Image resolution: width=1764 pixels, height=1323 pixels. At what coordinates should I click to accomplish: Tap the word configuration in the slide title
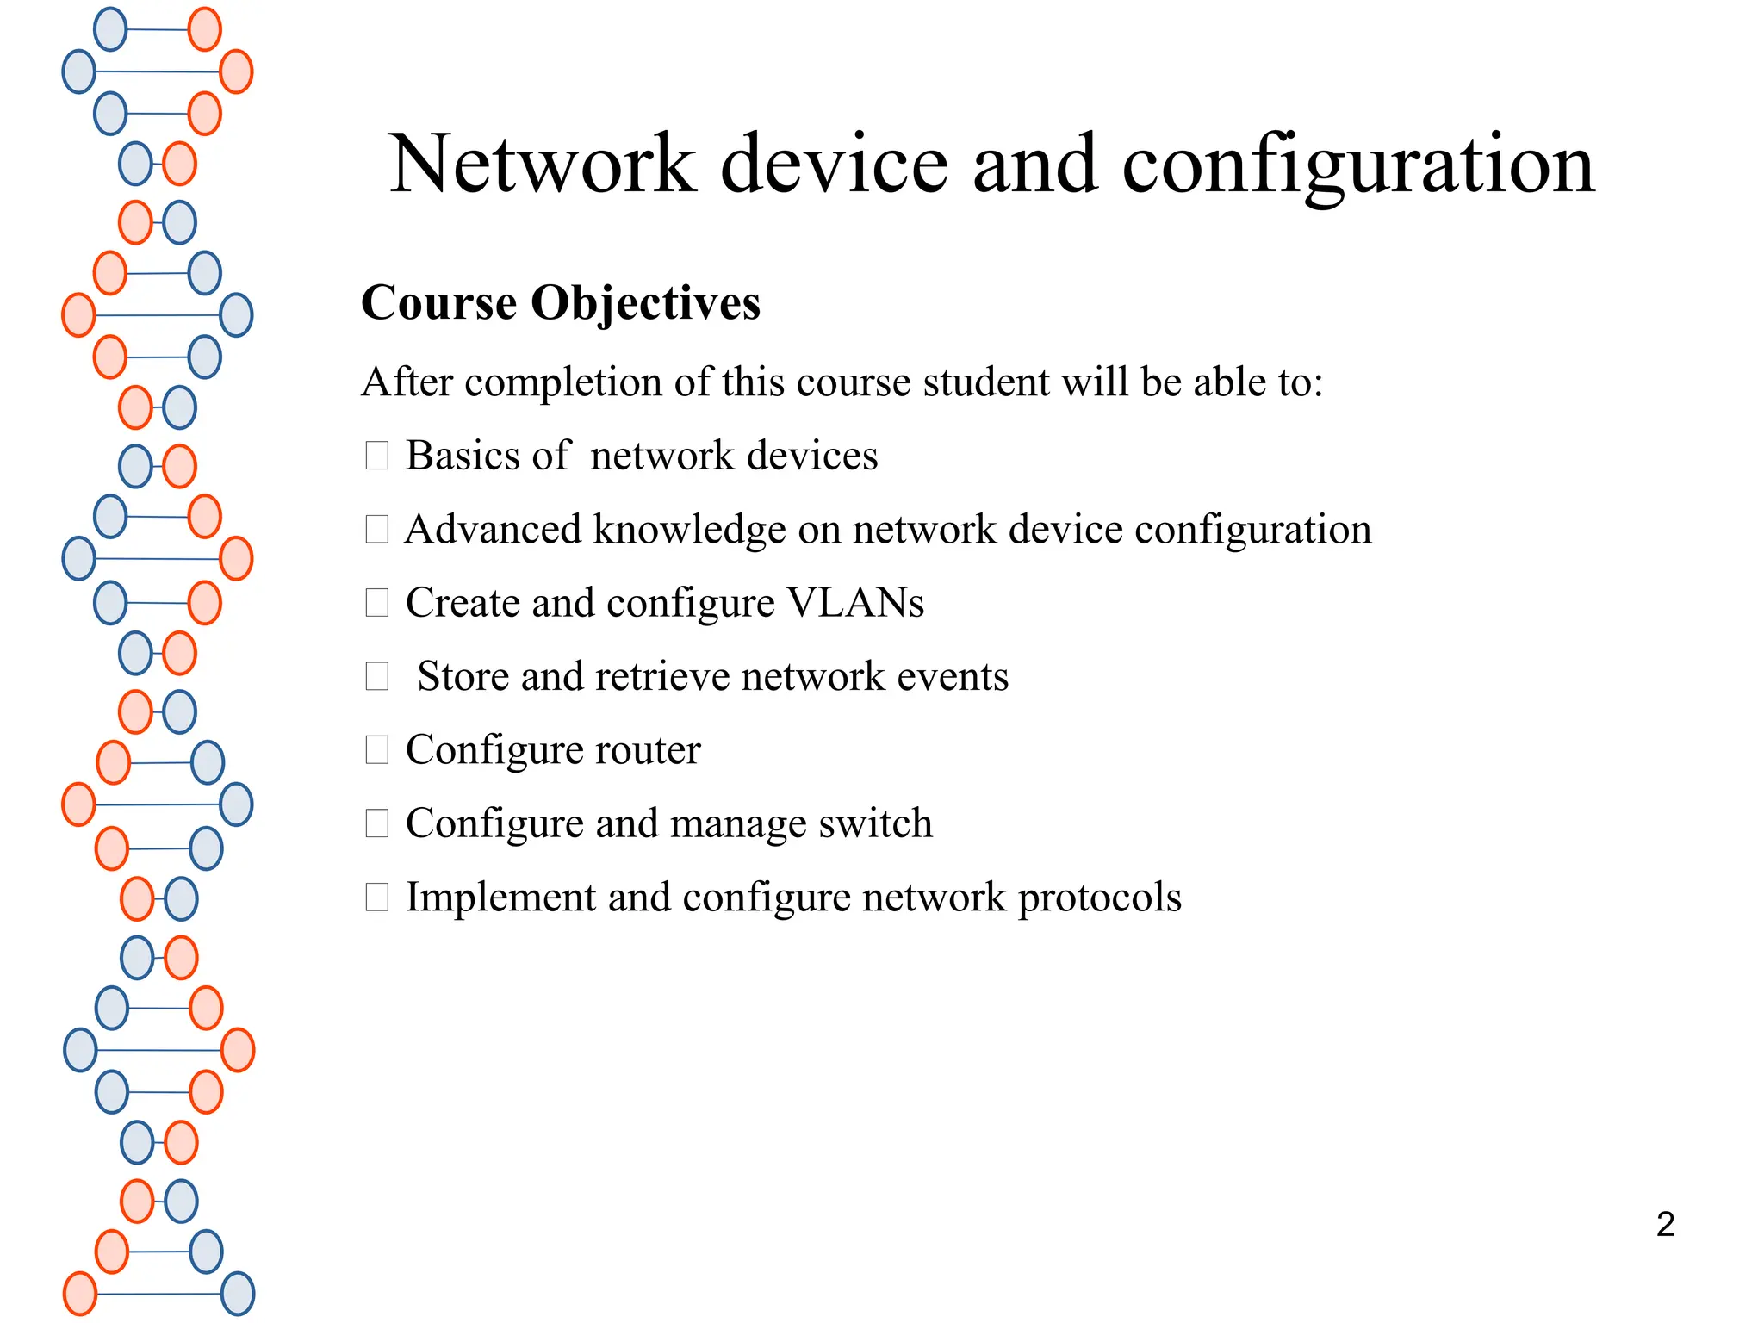(x=1358, y=165)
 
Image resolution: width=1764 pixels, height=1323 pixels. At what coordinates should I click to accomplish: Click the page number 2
(x=1665, y=1224)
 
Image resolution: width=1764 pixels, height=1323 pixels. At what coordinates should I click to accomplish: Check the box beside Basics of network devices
(x=377, y=456)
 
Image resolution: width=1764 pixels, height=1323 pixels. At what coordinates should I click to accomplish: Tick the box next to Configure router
(x=377, y=750)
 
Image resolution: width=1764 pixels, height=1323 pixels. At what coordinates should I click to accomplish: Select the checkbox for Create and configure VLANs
(x=377, y=603)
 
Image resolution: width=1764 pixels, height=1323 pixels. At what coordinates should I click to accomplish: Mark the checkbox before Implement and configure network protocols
(x=377, y=898)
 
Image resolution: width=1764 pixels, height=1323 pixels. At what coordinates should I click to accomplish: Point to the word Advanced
(x=493, y=530)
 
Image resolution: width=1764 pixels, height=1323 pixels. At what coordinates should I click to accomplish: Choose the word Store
(x=463, y=677)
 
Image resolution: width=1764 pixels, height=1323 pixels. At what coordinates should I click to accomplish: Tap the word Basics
(x=463, y=456)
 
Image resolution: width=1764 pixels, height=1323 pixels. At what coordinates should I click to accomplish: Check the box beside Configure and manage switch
(x=377, y=823)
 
